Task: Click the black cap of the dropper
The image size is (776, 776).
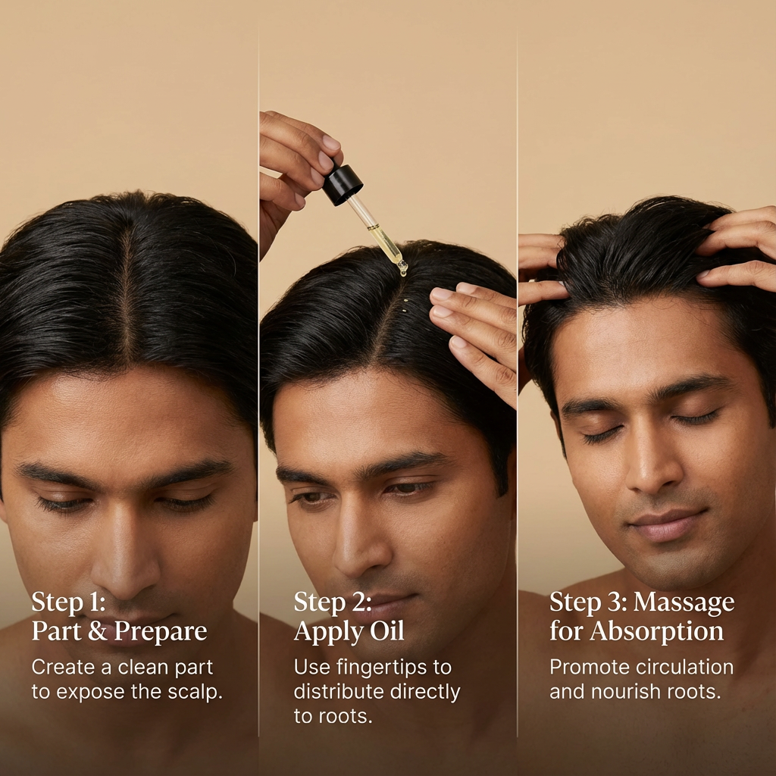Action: click(343, 184)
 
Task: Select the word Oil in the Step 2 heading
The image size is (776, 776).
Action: click(387, 632)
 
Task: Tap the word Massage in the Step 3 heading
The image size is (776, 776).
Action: click(684, 603)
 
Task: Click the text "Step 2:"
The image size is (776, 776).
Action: click(333, 603)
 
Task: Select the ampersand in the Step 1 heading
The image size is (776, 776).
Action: click(97, 632)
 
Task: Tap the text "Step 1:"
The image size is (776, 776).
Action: click(69, 603)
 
